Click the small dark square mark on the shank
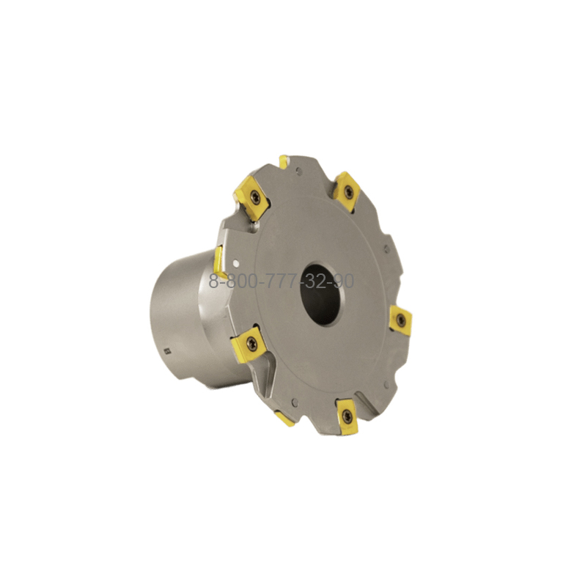[x=166, y=351]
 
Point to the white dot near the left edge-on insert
[x=236, y=264]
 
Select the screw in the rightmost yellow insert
[x=401, y=319]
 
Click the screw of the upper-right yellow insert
[x=348, y=191]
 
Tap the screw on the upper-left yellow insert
[x=256, y=196]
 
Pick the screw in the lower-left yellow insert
[x=251, y=343]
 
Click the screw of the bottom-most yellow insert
[x=347, y=416]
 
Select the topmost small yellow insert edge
[x=283, y=161]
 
